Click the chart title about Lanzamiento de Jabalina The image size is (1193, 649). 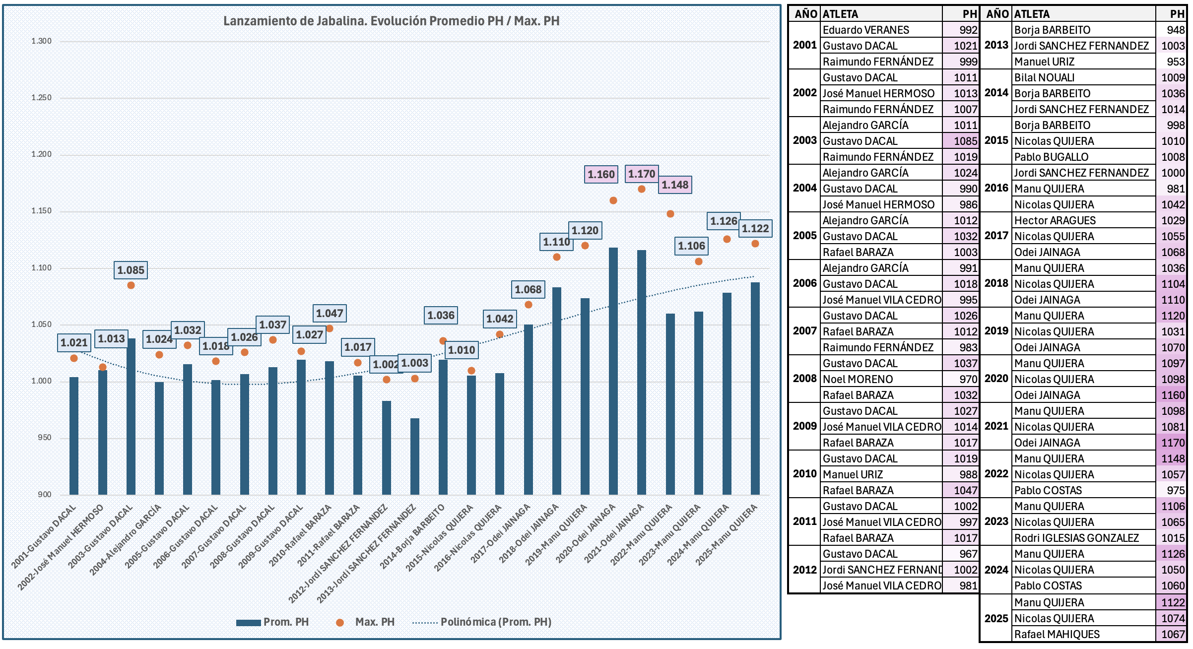391,21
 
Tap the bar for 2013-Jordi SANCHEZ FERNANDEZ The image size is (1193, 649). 415,456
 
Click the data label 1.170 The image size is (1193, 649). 642,174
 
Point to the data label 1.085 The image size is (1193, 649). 131,270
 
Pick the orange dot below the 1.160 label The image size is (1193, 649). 613,200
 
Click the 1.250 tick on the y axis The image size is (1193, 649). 42,98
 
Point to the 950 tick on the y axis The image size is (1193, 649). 45,438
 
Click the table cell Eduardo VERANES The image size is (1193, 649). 866,30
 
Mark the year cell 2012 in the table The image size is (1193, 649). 804,570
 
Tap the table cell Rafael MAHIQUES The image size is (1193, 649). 1057,634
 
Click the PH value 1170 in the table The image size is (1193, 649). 1173,443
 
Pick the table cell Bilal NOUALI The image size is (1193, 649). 1044,77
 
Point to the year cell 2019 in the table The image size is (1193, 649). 996,331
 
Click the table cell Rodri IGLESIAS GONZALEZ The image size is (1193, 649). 1076,538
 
